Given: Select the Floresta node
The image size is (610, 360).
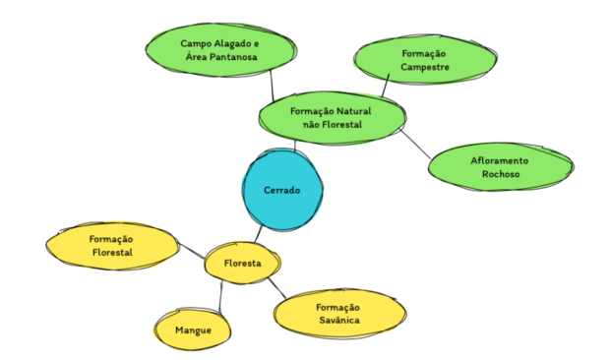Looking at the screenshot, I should pyautogui.click(x=242, y=264).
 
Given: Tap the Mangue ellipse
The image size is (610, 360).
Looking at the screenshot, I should pyautogui.click(x=193, y=329).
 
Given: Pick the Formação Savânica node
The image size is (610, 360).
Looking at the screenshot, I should pyautogui.click(x=338, y=314).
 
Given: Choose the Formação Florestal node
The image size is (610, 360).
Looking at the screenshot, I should pyautogui.click(x=111, y=246).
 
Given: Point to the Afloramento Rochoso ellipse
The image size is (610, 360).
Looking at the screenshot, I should pyautogui.click(x=500, y=166).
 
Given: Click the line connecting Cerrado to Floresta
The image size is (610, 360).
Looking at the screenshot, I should pyautogui.click(x=258, y=234).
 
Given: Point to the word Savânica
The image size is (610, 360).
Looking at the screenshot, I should pyautogui.click(x=338, y=321).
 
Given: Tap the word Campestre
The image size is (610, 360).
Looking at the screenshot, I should pyautogui.click(x=426, y=68).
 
